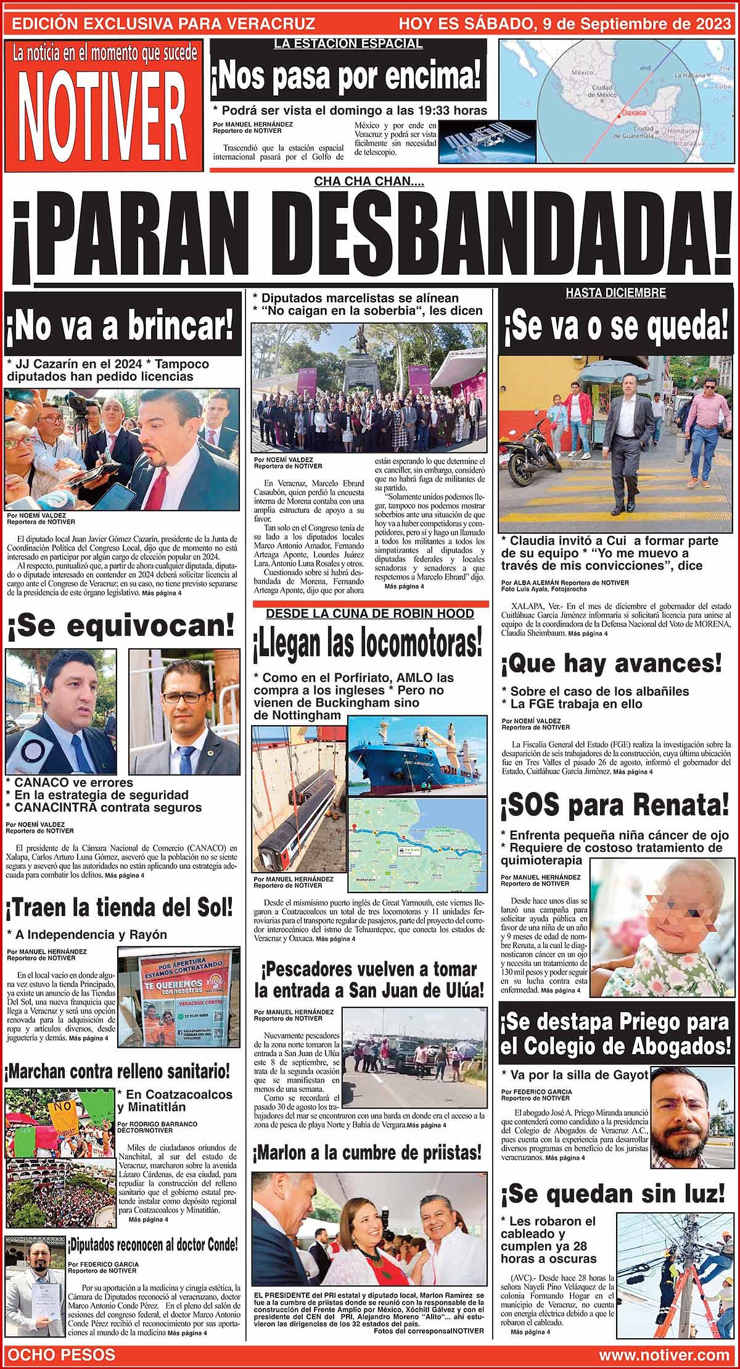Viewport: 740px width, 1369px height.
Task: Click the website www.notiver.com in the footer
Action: (664, 1355)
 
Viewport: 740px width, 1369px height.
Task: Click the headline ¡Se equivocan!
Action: (121, 626)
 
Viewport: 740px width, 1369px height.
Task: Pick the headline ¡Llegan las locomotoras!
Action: (368, 644)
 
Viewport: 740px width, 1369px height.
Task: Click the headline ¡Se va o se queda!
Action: (616, 327)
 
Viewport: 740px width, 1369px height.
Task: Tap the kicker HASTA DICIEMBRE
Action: (616, 294)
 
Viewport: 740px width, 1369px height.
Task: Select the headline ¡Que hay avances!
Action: (610, 664)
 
